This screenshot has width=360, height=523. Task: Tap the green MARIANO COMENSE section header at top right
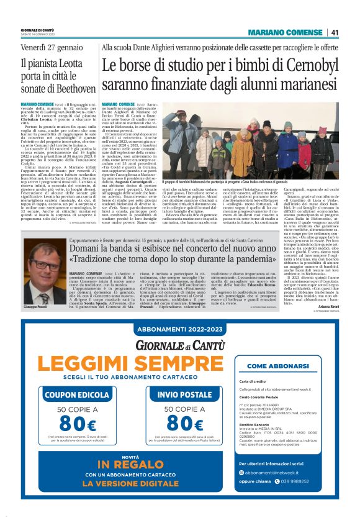(285, 32)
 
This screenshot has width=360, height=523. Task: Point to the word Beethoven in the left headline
(68, 88)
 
